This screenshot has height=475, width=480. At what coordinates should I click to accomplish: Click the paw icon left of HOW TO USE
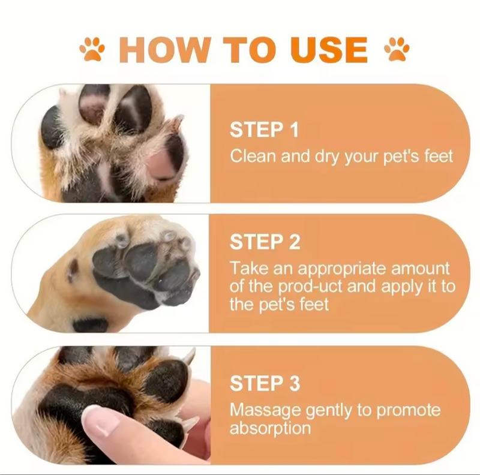tap(92, 49)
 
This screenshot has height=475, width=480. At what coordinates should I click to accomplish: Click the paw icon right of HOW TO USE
tap(397, 49)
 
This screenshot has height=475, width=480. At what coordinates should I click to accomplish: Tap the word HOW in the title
tap(158, 49)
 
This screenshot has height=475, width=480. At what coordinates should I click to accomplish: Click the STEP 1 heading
tap(264, 130)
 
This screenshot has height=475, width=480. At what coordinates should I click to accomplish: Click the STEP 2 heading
tap(265, 242)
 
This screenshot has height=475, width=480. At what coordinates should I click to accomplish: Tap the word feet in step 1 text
tap(436, 157)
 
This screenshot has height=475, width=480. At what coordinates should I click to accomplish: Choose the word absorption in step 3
tap(270, 428)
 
